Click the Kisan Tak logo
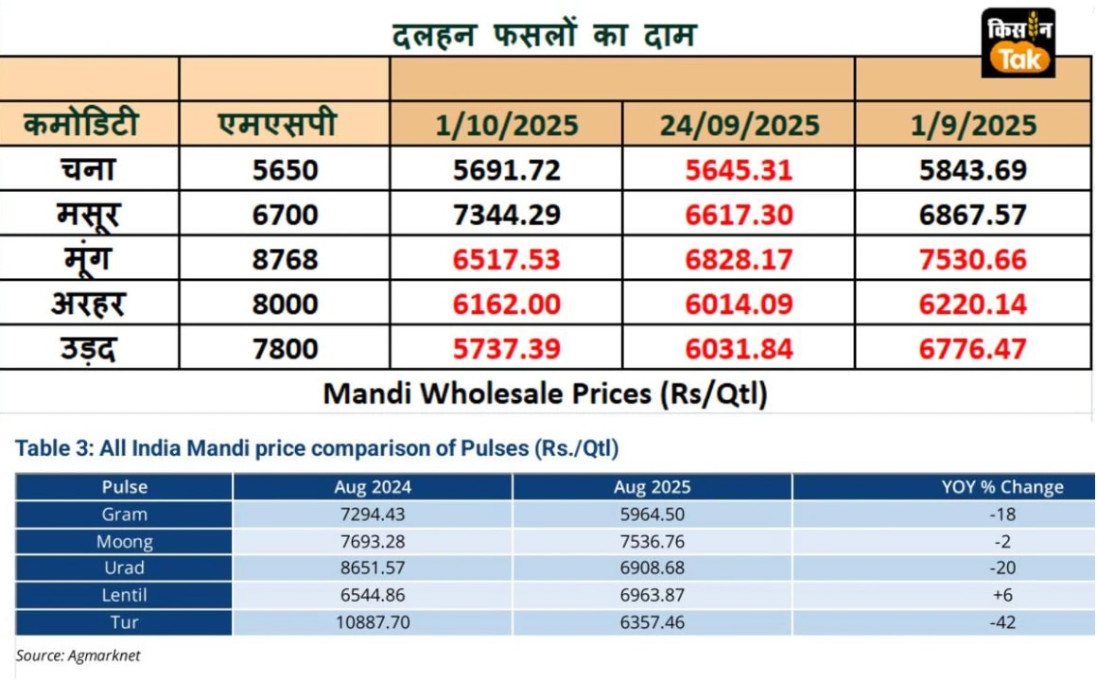(1019, 43)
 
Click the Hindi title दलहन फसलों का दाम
(545, 35)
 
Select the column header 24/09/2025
(739, 126)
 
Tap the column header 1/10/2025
(507, 126)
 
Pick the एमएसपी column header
(276, 124)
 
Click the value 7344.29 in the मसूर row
(507, 215)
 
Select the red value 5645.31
(739, 170)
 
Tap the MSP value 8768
(286, 260)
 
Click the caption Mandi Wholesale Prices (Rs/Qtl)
(545, 393)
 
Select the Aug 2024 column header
(373, 487)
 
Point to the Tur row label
(124, 623)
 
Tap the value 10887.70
(373, 623)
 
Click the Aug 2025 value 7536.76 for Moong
(652, 542)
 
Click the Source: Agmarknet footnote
(78, 655)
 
